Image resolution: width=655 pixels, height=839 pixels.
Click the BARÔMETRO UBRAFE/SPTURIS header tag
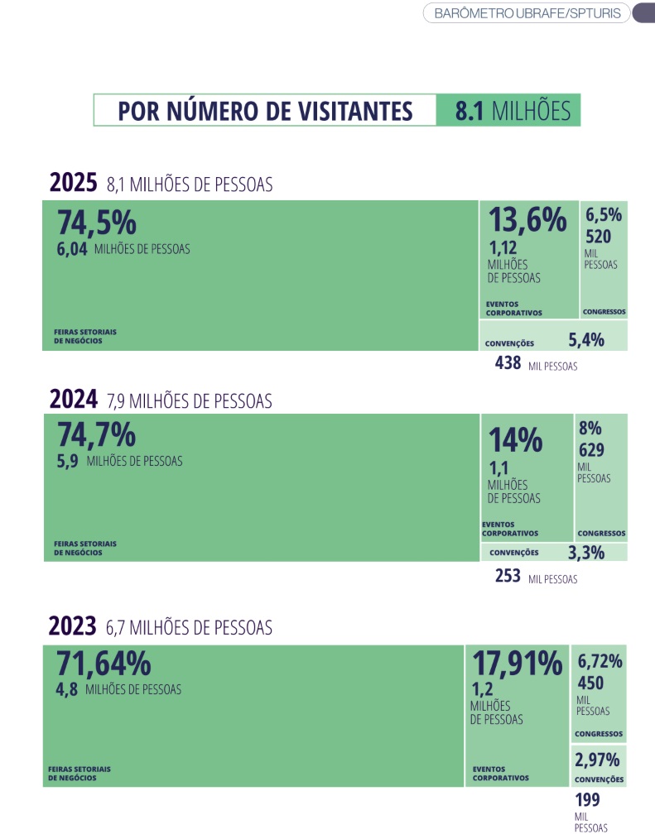coord(527,13)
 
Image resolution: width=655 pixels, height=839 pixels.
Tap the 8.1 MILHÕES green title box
coord(508,111)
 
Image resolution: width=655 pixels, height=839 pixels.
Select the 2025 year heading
coord(74,183)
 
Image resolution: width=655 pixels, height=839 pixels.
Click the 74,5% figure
coord(96,223)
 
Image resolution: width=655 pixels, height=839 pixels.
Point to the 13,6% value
coord(527,220)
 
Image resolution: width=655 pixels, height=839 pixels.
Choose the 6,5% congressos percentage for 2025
coord(604,215)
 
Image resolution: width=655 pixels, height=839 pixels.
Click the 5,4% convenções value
coord(586,339)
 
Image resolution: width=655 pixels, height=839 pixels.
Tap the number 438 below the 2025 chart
coord(507,363)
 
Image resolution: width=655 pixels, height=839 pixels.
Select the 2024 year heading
coord(74,400)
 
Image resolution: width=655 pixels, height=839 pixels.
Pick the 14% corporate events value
coord(515,440)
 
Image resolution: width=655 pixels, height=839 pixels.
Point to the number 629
coord(591,450)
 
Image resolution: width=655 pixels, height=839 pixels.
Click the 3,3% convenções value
coord(586,553)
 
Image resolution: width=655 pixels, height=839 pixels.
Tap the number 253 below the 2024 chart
coord(508,577)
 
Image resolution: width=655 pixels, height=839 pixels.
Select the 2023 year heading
coord(73,626)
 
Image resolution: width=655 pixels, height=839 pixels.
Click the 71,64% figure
coord(104,664)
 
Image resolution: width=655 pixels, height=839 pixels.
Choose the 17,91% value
coord(518,663)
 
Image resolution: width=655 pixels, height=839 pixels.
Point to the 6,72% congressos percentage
coord(600,660)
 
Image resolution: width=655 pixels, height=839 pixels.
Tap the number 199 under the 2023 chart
coord(587,799)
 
